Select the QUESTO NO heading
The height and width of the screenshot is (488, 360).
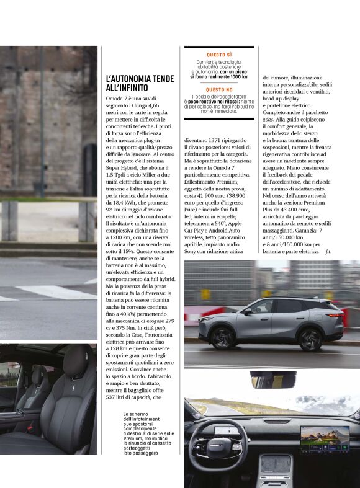pos(220,90)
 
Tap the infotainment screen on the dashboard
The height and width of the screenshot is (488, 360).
pos(325,438)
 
